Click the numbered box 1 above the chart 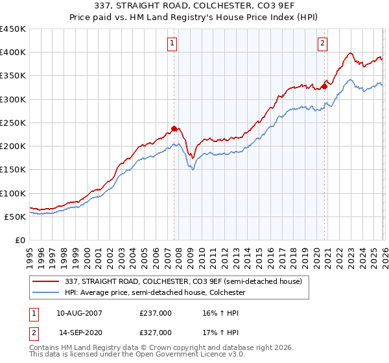pos(173,43)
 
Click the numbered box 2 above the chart pos(322,43)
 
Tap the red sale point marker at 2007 pos(174,128)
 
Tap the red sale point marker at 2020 pos(324,86)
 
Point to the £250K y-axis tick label pos(13,123)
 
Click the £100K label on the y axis pos(13,193)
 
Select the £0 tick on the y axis pos(20,240)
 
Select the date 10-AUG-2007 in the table pos(79,313)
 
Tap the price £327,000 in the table pos(156,332)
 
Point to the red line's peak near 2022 pos(350,53)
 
